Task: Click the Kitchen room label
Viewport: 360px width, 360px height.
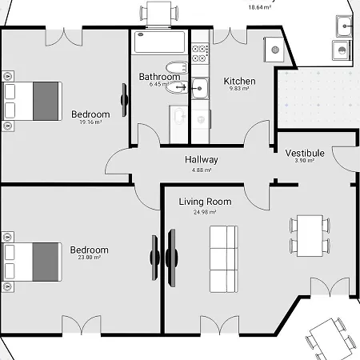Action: coord(239,81)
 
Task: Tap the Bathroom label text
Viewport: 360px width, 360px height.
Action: coord(159,77)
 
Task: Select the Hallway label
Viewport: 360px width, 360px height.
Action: coord(202,159)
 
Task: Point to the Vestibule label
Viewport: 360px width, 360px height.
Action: coord(305,153)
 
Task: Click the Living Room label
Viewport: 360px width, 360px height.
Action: coord(205,202)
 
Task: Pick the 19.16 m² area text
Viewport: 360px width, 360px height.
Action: coord(90,122)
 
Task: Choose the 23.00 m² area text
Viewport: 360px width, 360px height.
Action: coord(90,258)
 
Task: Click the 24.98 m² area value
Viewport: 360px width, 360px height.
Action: coord(205,212)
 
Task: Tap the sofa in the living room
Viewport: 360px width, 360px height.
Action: coord(224,259)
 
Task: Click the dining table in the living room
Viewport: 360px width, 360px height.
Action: coord(310,236)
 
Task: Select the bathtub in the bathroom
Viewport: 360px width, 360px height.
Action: coord(159,42)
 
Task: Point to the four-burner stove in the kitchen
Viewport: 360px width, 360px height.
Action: coord(200,53)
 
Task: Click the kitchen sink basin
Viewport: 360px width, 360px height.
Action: coord(200,88)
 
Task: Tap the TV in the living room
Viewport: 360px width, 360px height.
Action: coord(171,258)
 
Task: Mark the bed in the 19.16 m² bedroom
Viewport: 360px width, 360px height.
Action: coord(32,101)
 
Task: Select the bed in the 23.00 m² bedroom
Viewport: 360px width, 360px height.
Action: coord(32,262)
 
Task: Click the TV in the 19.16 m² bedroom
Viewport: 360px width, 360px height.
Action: coord(124,100)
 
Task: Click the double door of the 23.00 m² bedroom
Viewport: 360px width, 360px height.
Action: coord(82,323)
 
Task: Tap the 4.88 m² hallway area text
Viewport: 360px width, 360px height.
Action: coord(202,170)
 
